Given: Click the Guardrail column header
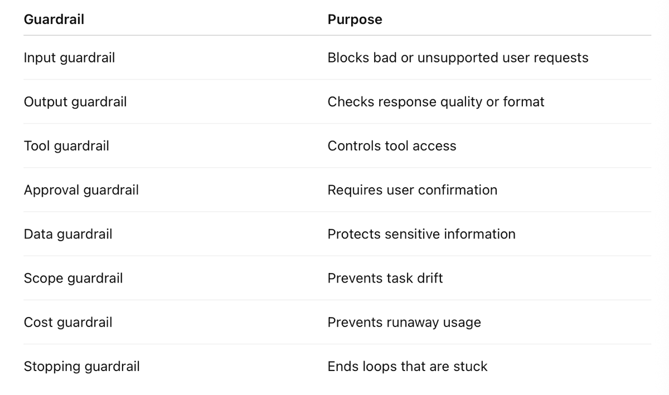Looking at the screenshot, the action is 54,19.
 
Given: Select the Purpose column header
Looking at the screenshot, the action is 355,19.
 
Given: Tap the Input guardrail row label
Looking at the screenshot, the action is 69,58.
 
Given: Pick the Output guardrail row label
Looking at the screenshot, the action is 75,102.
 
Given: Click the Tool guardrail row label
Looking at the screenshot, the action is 66,147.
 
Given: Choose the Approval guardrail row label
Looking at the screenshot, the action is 81,191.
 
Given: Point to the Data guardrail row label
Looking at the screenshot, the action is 68,235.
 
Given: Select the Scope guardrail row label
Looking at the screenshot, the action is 73,279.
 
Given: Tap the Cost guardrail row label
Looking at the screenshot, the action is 68,323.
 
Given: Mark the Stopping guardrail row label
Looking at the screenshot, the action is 82,367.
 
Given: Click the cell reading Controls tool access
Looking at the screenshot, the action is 392,146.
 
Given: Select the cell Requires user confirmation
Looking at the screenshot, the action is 413,190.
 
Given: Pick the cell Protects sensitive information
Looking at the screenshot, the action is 421,235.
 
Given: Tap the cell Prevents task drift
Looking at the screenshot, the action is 385,278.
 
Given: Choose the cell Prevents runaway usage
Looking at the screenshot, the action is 404,323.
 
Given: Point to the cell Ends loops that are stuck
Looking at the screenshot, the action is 408,367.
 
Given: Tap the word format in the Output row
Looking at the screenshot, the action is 523,102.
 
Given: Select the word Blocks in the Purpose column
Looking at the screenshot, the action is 348,57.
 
